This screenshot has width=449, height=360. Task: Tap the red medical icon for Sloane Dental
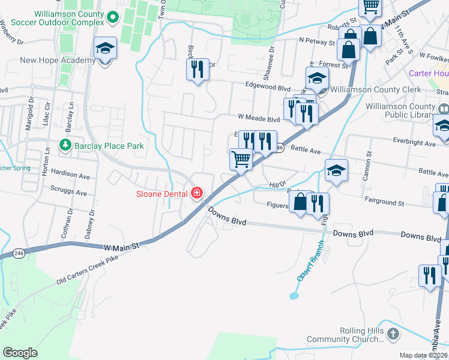click(x=196, y=193)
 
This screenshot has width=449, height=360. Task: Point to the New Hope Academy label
click(x=57, y=60)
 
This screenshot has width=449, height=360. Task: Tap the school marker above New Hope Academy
click(x=105, y=48)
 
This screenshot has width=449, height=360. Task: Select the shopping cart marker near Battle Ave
click(x=241, y=160)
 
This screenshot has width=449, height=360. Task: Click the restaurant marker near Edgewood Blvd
click(x=197, y=70)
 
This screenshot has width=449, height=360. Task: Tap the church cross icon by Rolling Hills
click(x=393, y=334)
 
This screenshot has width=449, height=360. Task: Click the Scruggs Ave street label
click(x=70, y=193)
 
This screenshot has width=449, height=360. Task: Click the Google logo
click(x=20, y=353)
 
